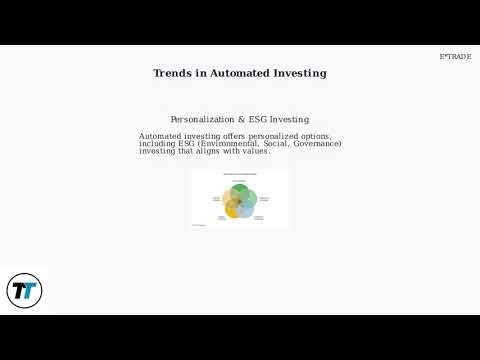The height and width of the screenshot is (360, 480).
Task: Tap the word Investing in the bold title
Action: (302, 73)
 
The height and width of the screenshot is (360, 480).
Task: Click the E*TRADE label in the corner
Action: (455, 57)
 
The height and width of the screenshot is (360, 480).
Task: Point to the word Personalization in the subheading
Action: (205, 120)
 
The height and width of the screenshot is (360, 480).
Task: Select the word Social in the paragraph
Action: (277, 144)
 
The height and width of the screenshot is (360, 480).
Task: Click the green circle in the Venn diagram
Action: (240, 192)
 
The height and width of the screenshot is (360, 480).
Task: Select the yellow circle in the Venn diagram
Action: (232, 207)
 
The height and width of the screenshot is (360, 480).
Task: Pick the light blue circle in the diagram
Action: (247, 207)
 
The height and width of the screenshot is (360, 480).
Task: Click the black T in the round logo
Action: (18, 291)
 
